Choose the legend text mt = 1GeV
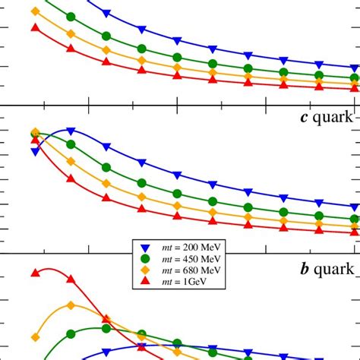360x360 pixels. click(x=182, y=281)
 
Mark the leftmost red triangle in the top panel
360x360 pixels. click(x=35, y=27)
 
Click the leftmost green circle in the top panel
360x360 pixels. click(x=71, y=17)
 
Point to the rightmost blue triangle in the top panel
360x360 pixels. click(x=355, y=68)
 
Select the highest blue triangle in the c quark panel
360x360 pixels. click(x=71, y=131)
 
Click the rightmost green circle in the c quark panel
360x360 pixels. click(x=355, y=219)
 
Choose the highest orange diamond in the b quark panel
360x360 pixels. click(x=71, y=305)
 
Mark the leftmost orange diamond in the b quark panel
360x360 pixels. click(x=35, y=336)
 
